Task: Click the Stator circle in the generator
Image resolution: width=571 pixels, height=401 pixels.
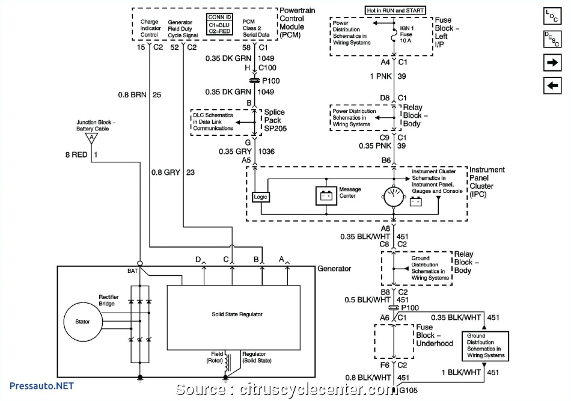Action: [82, 322]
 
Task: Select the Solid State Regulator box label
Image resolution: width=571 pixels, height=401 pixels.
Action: [237, 314]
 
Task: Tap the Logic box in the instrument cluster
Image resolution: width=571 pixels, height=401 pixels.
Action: [261, 197]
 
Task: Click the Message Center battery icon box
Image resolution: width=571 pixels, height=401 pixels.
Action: [327, 195]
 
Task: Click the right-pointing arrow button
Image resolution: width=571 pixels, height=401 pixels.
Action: [552, 63]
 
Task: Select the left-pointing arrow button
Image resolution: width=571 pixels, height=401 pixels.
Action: [552, 86]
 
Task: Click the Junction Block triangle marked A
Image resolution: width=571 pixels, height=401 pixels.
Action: [91, 137]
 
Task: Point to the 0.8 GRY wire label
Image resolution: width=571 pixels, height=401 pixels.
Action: [167, 173]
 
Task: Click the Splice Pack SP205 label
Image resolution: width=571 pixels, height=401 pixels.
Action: [274, 120]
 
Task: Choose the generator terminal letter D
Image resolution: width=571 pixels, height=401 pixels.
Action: [197, 259]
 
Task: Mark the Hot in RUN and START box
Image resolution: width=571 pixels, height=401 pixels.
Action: [395, 10]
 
